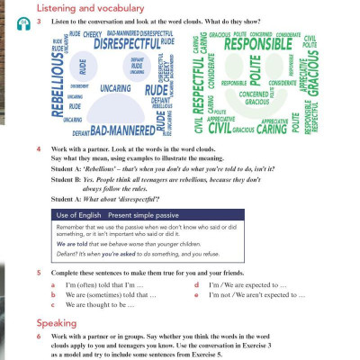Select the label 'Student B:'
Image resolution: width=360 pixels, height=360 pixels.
click(66, 179)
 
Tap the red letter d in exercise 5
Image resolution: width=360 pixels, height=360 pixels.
click(196, 283)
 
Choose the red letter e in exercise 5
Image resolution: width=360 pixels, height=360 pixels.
click(196, 294)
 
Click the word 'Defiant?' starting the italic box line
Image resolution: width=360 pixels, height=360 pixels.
click(67, 255)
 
